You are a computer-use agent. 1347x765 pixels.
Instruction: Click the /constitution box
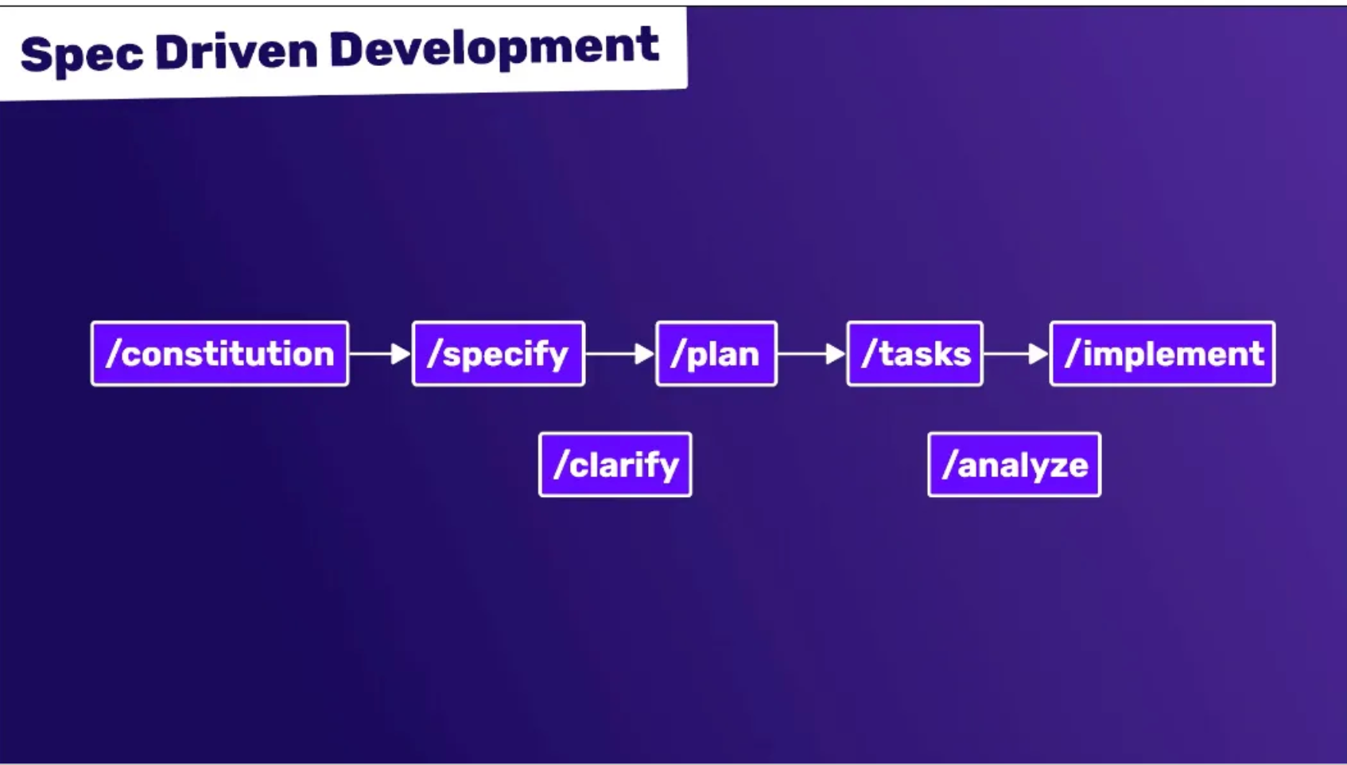point(219,354)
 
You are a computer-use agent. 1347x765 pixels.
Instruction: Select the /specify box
point(499,354)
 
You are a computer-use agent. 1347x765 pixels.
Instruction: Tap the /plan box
point(716,354)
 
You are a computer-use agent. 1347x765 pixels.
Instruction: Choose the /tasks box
point(914,354)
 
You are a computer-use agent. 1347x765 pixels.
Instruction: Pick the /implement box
point(1162,354)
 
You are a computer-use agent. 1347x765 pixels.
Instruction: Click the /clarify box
point(615,465)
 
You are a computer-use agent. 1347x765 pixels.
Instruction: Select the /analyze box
point(1014,465)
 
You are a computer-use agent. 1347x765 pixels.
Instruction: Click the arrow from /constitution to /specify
point(380,354)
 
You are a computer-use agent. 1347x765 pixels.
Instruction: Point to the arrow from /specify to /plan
point(620,354)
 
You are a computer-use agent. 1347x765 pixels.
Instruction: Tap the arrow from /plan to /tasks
point(811,354)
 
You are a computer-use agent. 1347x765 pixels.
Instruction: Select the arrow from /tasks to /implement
point(1015,354)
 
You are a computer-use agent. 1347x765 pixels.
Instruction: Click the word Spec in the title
point(82,55)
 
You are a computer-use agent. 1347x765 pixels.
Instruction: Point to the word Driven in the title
point(236,52)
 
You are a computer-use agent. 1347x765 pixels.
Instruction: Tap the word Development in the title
point(494,48)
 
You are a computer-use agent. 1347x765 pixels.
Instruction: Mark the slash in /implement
point(1073,354)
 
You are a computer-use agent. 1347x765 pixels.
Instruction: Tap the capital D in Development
point(347,49)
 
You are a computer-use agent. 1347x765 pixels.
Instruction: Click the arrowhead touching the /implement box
point(1038,354)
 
